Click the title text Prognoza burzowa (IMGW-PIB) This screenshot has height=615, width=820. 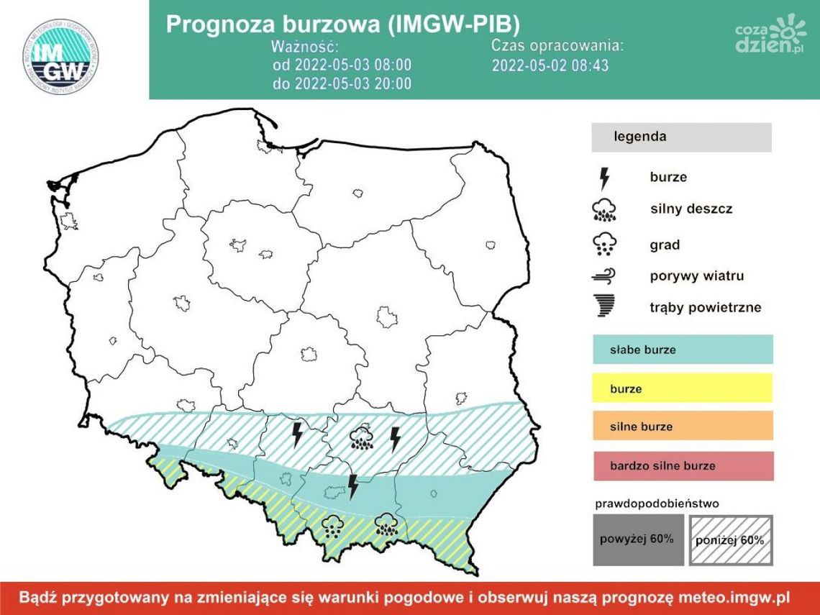click(x=342, y=24)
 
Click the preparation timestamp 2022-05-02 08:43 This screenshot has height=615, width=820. click(x=551, y=65)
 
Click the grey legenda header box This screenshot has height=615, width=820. click(x=681, y=137)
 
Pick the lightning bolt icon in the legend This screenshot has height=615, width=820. click(x=604, y=178)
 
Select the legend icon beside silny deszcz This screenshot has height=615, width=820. click(x=604, y=209)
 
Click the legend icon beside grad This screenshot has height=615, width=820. click(x=604, y=245)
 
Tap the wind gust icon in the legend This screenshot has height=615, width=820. click(x=604, y=276)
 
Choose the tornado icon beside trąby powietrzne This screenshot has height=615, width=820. click(x=604, y=307)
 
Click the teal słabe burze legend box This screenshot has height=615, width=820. click(x=682, y=350)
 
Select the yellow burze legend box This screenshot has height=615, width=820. click(x=682, y=388)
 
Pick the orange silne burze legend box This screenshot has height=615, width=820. click(x=682, y=426)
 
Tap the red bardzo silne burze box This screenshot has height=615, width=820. click(x=682, y=465)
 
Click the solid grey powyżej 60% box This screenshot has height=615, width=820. click(x=637, y=539)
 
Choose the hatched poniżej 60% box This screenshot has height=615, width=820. click(x=730, y=539)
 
